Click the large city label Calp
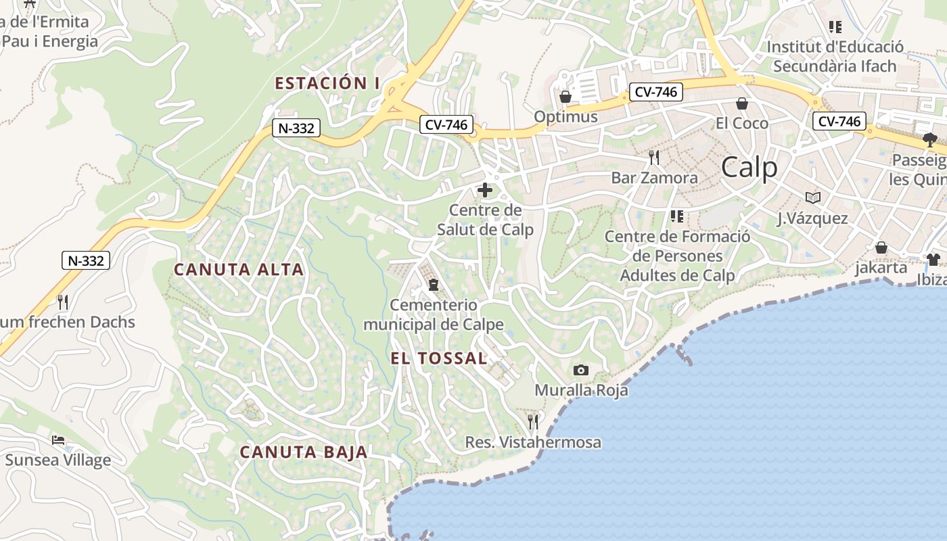click(x=749, y=167)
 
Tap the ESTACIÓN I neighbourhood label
click(x=327, y=83)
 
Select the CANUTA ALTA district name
click(x=239, y=269)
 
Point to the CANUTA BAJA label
click(x=304, y=452)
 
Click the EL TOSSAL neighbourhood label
click(x=439, y=358)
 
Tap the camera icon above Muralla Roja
click(x=580, y=370)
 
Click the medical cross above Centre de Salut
click(x=485, y=190)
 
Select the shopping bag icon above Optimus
click(x=565, y=97)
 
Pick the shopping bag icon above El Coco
click(x=742, y=103)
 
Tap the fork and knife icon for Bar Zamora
click(x=653, y=158)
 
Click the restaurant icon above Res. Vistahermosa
click(x=533, y=422)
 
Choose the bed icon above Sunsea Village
click(x=58, y=440)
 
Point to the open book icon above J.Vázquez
click(x=812, y=197)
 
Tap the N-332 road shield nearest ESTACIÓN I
click(x=296, y=128)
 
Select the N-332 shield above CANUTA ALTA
click(x=86, y=260)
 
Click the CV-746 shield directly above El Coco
click(x=655, y=92)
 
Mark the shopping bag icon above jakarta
click(x=881, y=248)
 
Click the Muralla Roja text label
click(x=581, y=390)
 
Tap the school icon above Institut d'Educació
click(x=835, y=27)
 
